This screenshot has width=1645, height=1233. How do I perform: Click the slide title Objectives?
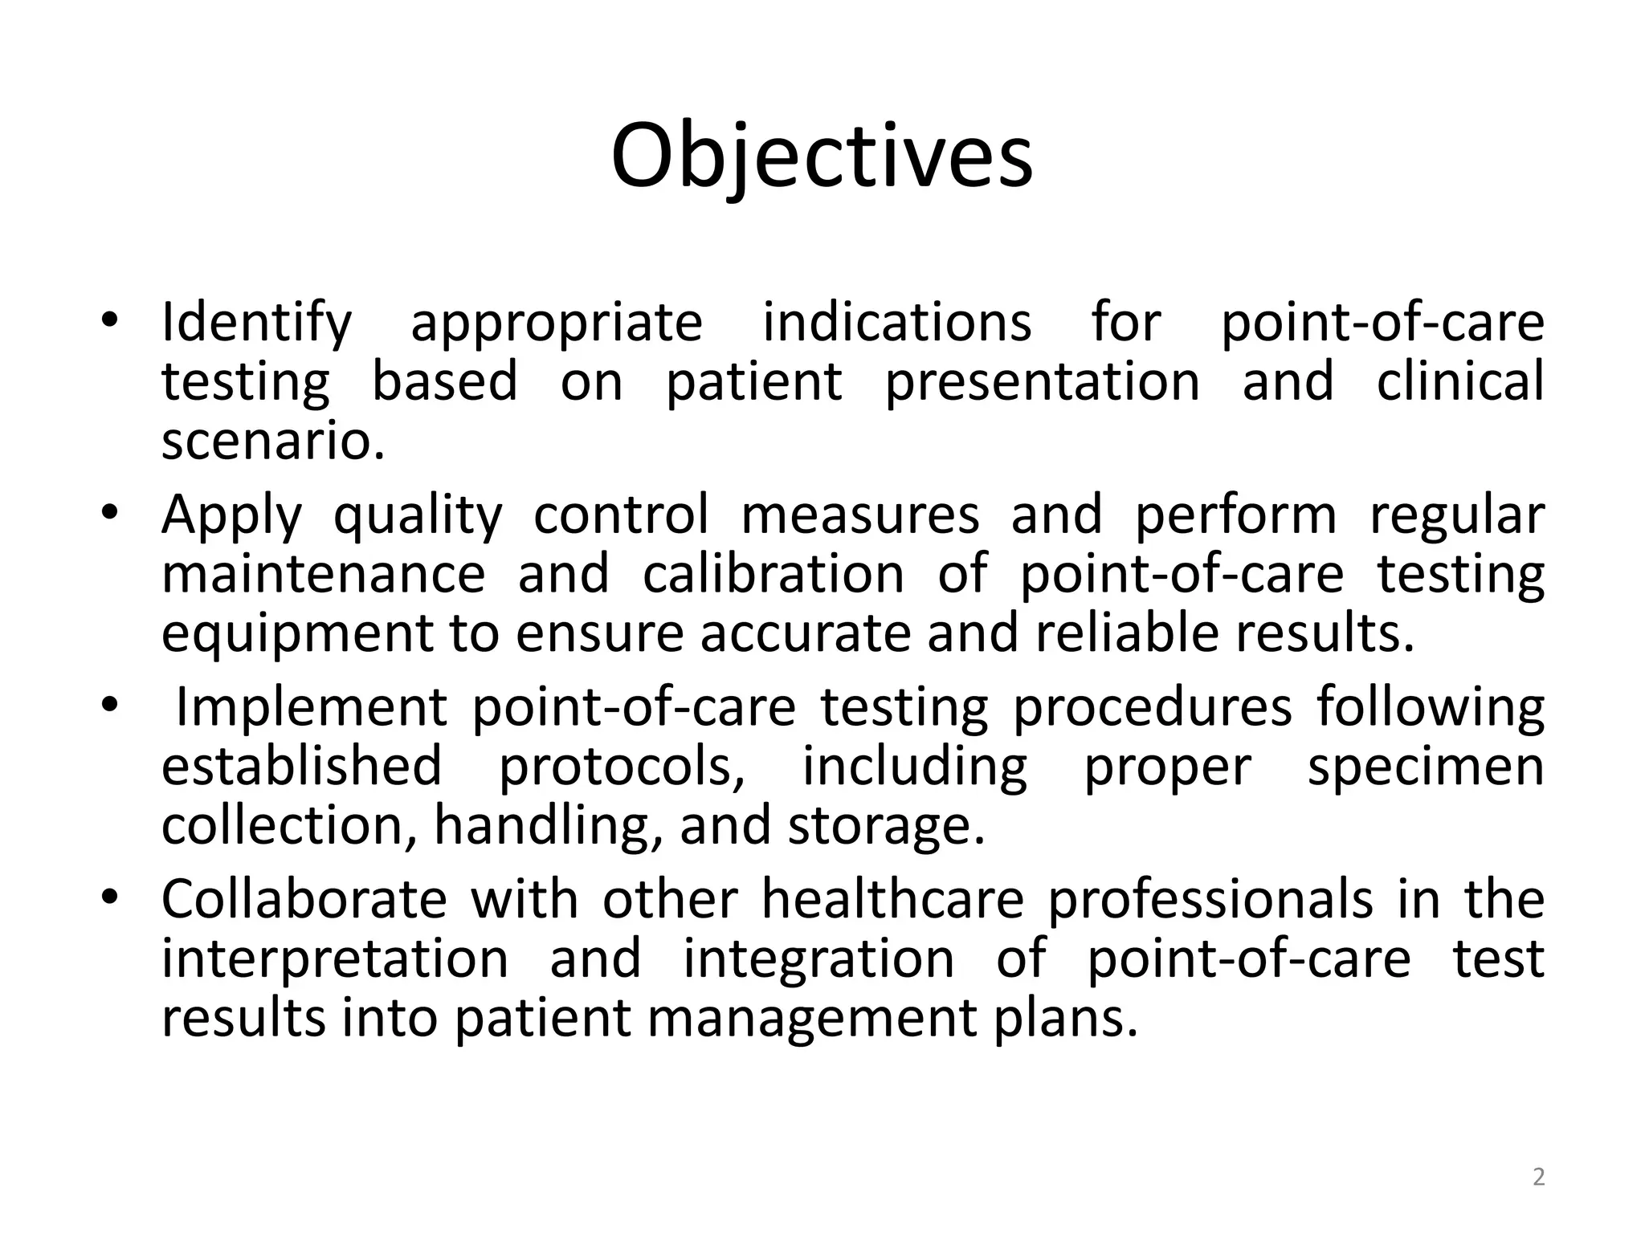click(x=821, y=157)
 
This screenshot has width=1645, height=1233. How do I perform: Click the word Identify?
click(x=256, y=324)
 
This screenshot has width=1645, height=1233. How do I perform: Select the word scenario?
click(x=272, y=441)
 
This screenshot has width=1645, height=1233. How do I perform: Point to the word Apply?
click(x=231, y=515)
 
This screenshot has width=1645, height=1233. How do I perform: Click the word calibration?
click(x=773, y=575)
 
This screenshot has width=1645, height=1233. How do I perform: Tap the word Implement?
click(x=311, y=708)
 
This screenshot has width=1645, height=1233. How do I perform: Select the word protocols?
click(x=622, y=767)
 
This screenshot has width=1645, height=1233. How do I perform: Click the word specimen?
click(x=1426, y=767)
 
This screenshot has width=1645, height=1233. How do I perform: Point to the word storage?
click(x=885, y=827)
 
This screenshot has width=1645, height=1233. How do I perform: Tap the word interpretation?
click(x=335, y=959)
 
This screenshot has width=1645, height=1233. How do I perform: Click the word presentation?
click(x=1042, y=382)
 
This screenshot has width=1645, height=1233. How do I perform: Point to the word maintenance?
click(x=323, y=575)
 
